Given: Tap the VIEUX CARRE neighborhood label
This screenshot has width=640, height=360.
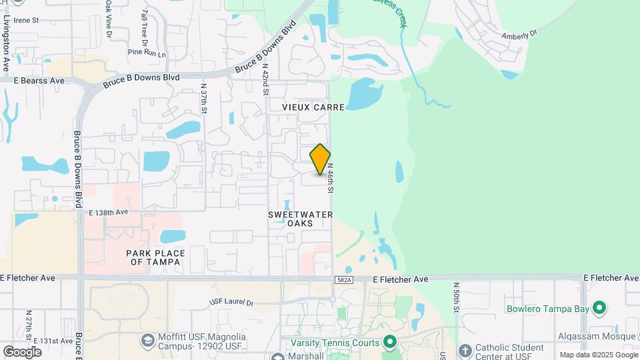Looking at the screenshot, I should click(x=313, y=107).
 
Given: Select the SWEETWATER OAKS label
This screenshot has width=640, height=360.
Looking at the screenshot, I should click(x=300, y=219).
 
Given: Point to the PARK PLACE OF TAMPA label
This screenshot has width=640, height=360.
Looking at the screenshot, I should click(x=155, y=257).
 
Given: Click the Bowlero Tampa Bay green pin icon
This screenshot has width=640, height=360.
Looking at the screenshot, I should click(x=599, y=308).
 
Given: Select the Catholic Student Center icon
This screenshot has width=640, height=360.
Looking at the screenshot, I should click(x=465, y=349).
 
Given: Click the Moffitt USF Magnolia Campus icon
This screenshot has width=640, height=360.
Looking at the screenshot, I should click(x=147, y=341).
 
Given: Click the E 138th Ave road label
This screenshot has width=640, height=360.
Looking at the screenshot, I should click(x=108, y=212).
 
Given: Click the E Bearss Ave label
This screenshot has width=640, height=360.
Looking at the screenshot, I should click(x=39, y=81).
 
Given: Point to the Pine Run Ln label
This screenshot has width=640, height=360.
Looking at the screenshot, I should click(x=147, y=51).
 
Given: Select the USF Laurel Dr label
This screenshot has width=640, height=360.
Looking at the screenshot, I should click(x=231, y=303).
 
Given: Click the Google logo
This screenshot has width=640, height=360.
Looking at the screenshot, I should click(x=22, y=351).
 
